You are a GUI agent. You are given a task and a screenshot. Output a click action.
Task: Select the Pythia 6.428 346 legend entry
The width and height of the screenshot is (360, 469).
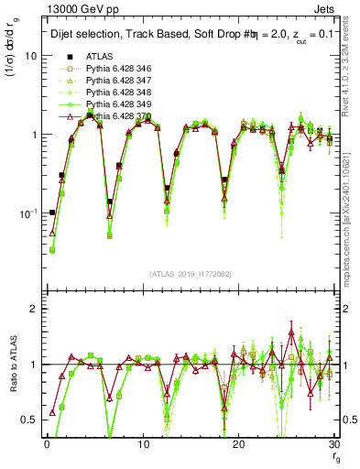(x=115, y=70)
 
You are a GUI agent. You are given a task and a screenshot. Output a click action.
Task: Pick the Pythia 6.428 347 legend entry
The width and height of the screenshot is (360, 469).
(x=115, y=82)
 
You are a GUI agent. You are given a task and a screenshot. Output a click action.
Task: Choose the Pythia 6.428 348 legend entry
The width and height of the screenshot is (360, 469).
(x=115, y=93)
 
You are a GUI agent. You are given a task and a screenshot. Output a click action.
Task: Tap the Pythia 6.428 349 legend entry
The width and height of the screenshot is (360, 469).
(x=115, y=105)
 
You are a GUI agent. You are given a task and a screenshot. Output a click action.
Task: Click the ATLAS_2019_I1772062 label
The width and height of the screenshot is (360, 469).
(x=191, y=274)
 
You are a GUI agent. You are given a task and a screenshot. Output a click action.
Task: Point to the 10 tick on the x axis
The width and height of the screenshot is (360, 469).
(x=142, y=443)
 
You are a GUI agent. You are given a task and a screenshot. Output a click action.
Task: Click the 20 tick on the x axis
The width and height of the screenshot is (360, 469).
(x=238, y=443)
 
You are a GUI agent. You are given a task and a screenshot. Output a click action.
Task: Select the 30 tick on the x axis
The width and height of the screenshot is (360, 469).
(x=333, y=443)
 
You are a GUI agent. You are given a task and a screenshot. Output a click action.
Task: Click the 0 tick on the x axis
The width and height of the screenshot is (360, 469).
(x=47, y=443)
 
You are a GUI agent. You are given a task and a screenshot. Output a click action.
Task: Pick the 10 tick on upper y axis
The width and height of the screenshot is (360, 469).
(x=30, y=56)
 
